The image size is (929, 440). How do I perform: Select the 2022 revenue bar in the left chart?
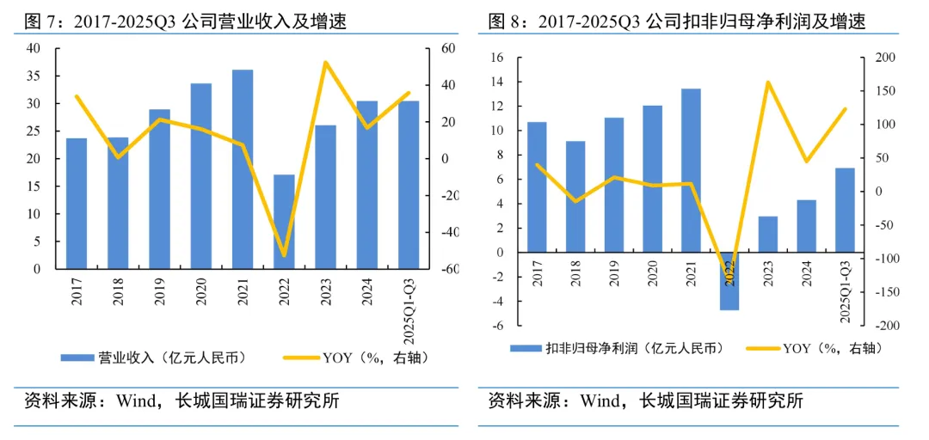tap(284, 222)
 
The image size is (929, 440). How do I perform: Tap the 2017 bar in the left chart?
tap(77, 204)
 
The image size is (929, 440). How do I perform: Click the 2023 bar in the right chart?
tap(768, 235)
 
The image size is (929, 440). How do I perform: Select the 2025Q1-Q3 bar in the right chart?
tap(845, 211)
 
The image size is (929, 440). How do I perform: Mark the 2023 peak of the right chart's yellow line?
tap(767, 82)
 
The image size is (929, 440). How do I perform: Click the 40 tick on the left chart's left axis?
tap(34, 49)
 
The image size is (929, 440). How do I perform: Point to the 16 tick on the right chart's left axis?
tap(496, 58)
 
